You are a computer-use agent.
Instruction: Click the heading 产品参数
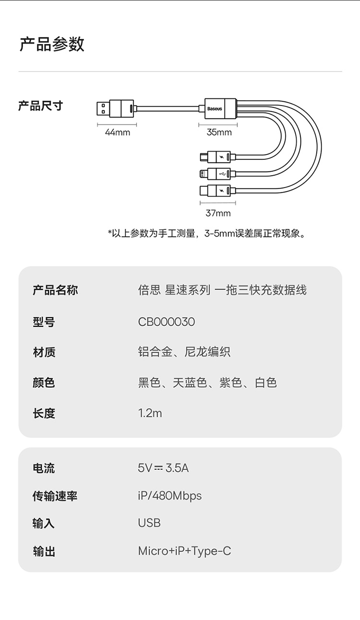52,44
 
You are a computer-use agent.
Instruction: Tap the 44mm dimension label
118,132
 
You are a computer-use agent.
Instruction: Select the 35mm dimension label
219,132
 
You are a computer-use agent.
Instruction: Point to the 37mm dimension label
218,213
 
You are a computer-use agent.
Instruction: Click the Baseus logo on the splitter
215,109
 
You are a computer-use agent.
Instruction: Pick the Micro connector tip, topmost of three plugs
204,157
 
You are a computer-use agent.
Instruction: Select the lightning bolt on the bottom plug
221,191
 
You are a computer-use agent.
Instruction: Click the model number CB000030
167,322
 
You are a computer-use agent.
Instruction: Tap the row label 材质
44,352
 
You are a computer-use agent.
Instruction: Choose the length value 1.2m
150,413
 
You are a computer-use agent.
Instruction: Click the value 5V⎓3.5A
163,468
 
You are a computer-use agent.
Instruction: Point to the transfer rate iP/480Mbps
170,496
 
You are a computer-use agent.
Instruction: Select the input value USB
149,523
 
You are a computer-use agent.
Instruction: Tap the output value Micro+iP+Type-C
184,551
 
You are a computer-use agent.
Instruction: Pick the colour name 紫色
230,383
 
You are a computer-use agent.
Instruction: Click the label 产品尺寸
41,106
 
